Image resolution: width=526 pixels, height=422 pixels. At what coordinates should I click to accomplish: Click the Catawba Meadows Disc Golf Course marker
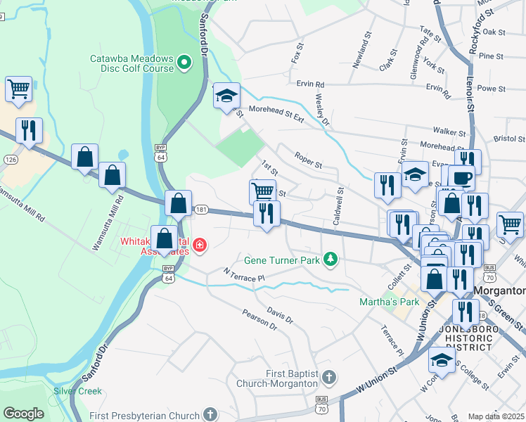pos(184,63)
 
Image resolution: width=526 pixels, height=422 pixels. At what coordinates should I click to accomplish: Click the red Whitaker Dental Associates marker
pos(200,245)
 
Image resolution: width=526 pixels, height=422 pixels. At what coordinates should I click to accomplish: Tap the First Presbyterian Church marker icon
pos(212,415)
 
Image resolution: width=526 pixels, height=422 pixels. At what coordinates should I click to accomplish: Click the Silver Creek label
pos(78,391)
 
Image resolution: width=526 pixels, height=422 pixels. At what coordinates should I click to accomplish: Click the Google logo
pos(23,414)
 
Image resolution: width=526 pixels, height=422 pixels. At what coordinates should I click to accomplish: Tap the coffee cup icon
pos(461,178)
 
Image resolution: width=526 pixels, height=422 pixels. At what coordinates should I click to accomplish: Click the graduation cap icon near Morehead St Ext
pos(226,95)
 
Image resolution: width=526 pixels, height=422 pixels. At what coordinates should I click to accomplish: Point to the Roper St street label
pos(308,161)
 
